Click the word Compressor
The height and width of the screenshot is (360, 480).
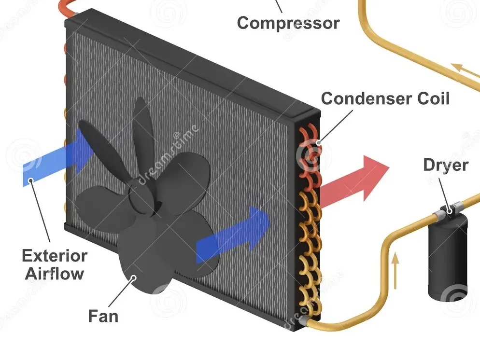(288, 22)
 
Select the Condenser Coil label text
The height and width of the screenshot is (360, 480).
(385, 98)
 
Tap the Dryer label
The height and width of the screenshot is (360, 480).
(445, 165)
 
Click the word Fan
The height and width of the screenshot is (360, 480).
(103, 316)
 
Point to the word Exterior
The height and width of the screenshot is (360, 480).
(55, 255)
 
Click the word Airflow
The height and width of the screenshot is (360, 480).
(55, 274)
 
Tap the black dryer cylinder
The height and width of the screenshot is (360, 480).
(447, 255)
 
